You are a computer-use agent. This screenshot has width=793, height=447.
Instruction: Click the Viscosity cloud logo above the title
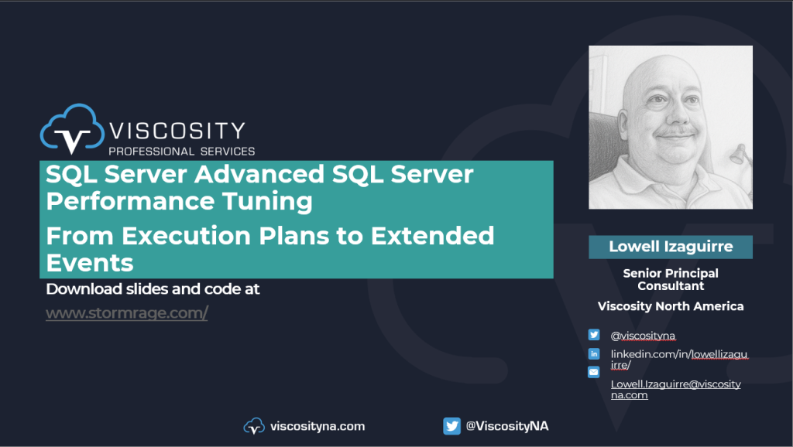click(x=72, y=129)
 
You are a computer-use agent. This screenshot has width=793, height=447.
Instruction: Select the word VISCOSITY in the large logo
click(x=177, y=131)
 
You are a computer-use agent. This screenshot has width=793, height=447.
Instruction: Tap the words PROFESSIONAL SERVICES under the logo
click(x=181, y=151)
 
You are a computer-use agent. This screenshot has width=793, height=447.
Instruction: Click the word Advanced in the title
click(x=259, y=174)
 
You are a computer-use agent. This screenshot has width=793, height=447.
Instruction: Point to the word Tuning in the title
click(x=267, y=202)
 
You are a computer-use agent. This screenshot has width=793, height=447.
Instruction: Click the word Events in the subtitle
click(x=90, y=263)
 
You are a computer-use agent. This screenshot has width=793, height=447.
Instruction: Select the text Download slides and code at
click(x=153, y=289)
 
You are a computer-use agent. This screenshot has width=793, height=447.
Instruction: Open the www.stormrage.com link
click(x=127, y=313)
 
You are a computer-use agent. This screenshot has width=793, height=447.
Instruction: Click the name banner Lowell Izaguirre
click(x=671, y=247)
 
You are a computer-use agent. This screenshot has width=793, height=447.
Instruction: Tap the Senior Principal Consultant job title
click(x=671, y=279)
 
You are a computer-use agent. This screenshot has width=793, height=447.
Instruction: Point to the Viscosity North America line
click(x=671, y=306)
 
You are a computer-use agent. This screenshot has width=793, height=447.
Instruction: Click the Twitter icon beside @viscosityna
click(x=594, y=335)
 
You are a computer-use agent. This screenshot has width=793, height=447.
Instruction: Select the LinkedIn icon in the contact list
click(x=594, y=353)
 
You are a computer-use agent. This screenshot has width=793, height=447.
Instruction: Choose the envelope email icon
click(x=594, y=372)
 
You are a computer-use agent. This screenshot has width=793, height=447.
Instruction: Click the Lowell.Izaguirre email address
click(x=675, y=390)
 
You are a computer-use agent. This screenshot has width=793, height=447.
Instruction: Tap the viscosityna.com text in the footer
click(x=318, y=426)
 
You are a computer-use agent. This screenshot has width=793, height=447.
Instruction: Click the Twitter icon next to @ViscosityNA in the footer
click(x=451, y=426)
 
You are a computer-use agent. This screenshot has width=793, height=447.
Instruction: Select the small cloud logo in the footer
click(x=254, y=426)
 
